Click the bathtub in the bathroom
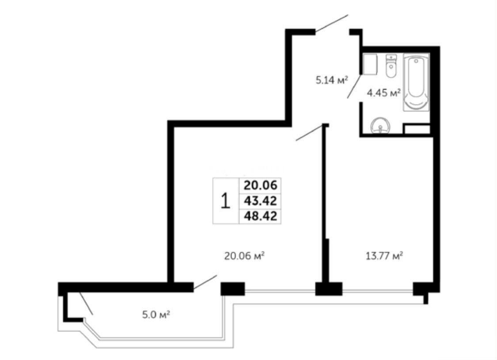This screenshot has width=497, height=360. click(x=416, y=82)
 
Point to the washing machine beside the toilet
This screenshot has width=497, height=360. click(x=370, y=64)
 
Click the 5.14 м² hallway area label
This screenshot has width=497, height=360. click(x=332, y=80)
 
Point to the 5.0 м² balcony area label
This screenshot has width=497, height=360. click(x=156, y=315)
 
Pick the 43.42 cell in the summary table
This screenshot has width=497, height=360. click(x=260, y=201)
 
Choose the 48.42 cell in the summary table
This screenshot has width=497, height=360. click(x=260, y=216)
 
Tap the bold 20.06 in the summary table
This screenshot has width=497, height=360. click(x=260, y=185)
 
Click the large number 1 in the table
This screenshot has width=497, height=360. click(x=225, y=201)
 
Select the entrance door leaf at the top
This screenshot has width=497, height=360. click(x=332, y=23)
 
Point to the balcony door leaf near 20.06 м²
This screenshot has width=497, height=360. click(x=205, y=282)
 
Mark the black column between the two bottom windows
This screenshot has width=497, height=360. click(x=329, y=289)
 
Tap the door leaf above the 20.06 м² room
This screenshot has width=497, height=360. click(x=309, y=133)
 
